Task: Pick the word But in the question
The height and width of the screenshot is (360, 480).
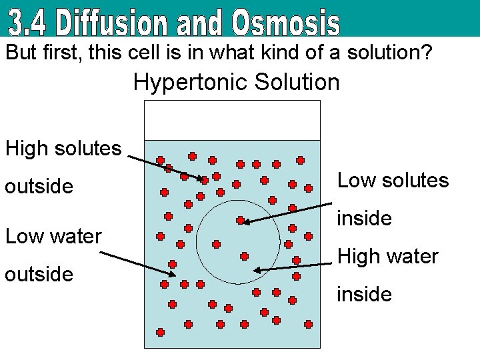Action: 20,53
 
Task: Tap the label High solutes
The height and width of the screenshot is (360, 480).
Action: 63,148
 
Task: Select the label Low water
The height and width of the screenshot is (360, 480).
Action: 53,236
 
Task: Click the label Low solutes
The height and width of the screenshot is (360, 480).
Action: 393,180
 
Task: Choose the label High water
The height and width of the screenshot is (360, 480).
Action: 388,256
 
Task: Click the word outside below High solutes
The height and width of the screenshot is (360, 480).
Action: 39,186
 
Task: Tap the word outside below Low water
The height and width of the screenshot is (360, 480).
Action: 39,274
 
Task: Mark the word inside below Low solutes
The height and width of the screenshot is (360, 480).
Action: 364,218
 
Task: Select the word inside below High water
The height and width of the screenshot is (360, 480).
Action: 364,294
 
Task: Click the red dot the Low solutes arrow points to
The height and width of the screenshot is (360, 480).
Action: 240,220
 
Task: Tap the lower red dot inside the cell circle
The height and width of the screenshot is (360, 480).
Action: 244,256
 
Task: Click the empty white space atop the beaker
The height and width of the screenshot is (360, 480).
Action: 232,120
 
